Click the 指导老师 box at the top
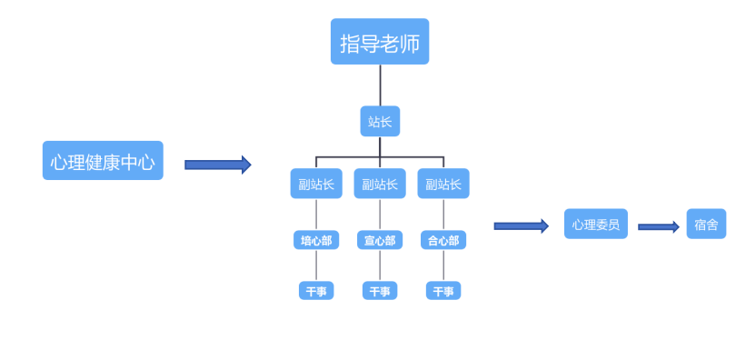[379, 42]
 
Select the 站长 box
[379, 121]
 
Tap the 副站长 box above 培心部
[316, 184]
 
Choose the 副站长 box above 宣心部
[380, 184]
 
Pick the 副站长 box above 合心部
[443, 184]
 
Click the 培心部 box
[316, 240]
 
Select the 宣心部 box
[380, 240]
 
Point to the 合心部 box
[443, 240]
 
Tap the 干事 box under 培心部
[316, 291]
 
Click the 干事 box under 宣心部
[380, 291]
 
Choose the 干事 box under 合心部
[443, 291]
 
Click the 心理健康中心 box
[103, 161]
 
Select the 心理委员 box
[595, 224]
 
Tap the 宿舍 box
[706, 224]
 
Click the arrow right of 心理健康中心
[217, 165]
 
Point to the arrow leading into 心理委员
[521, 225]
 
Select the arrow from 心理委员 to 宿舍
[658, 226]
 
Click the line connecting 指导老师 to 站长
[380, 85]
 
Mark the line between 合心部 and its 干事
[443, 265]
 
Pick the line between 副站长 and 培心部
[316, 215]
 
